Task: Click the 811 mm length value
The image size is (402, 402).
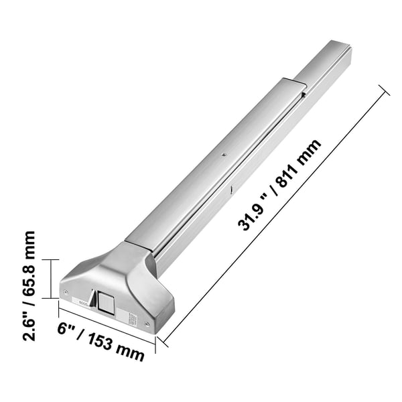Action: click(299, 163)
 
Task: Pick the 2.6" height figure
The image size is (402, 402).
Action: click(29, 326)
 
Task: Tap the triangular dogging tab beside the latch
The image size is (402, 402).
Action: click(93, 298)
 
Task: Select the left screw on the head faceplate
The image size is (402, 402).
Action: click(66, 291)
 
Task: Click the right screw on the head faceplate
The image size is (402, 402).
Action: click(147, 324)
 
